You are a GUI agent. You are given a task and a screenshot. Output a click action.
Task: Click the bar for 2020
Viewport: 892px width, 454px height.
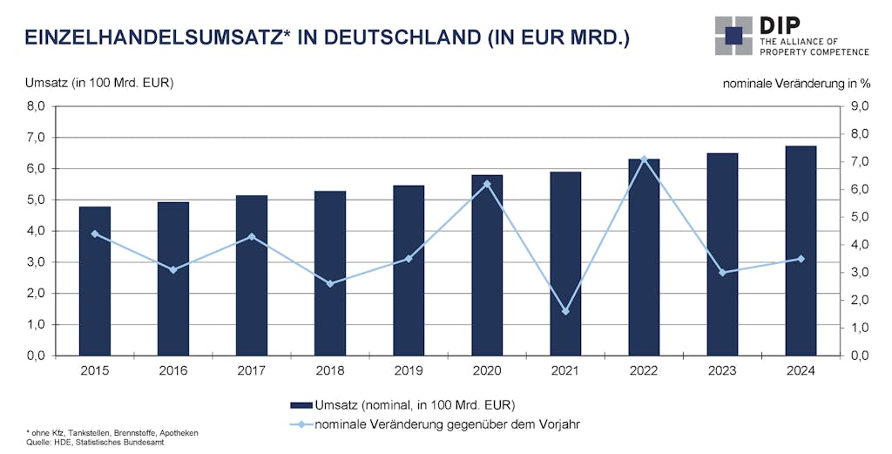pos(487,265)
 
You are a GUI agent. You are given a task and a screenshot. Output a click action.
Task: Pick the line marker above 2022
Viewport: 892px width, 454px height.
pos(644,159)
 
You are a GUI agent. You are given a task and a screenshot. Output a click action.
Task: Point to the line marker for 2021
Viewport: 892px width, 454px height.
pos(565,311)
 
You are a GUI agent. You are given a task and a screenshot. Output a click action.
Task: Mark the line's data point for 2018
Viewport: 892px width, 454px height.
pos(330,283)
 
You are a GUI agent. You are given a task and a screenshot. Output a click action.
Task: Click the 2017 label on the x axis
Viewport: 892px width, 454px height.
pos(252,369)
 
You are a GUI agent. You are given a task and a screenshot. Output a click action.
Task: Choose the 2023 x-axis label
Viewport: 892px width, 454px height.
pos(722,369)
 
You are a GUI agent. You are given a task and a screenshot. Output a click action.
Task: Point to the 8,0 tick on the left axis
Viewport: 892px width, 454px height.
pos(34,106)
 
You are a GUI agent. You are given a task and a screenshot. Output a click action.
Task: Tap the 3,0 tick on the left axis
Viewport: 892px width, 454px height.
pos(34,262)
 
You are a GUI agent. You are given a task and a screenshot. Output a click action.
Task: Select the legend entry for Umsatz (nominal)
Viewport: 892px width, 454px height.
pos(402,404)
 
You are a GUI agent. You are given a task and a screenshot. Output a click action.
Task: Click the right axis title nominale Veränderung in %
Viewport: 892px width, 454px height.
pos(796,84)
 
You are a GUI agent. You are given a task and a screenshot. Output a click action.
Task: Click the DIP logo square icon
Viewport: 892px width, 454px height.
pos(733,35)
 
